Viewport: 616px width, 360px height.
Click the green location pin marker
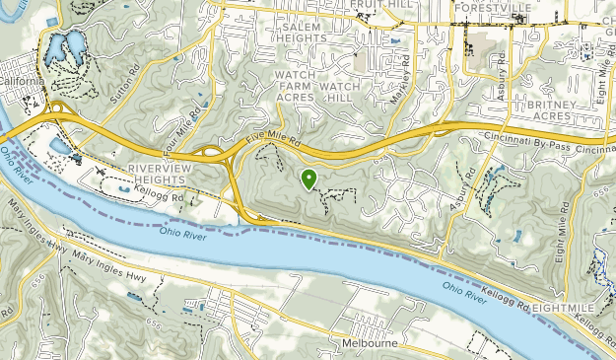click(308, 179)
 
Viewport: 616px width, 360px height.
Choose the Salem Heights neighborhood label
click(304, 33)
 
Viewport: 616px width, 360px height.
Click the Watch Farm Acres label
click(294, 86)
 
